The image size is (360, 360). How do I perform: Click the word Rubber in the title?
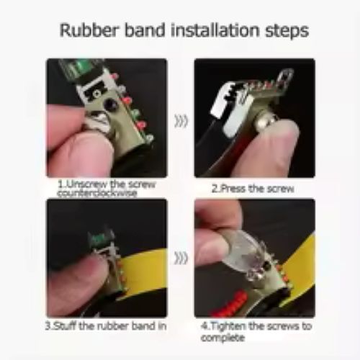(x=89, y=30)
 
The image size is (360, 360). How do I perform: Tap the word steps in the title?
(x=287, y=32)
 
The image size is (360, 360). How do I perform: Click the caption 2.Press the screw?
(x=253, y=189)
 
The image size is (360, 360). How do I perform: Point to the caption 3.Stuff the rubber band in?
(x=106, y=326)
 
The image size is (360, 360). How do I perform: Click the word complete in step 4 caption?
(x=222, y=338)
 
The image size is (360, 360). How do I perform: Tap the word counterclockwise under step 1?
(x=97, y=193)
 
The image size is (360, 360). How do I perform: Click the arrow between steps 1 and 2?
(x=181, y=121)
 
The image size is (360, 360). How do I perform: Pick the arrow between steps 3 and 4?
(x=181, y=258)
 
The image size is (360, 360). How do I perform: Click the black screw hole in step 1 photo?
(x=109, y=104)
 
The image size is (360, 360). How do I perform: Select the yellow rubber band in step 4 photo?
(x=297, y=269)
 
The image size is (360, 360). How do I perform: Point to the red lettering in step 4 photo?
(x=229, y=303)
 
